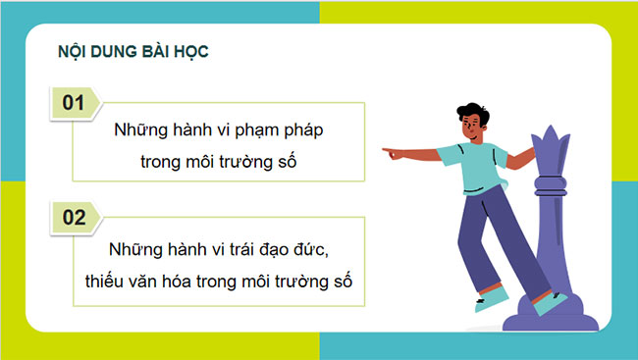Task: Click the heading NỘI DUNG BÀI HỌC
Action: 133,50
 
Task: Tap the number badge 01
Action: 74,102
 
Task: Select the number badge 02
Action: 74,218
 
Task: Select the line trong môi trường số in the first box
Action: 218,160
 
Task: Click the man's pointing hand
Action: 392,153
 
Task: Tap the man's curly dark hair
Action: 473,111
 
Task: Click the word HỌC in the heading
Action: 188,50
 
